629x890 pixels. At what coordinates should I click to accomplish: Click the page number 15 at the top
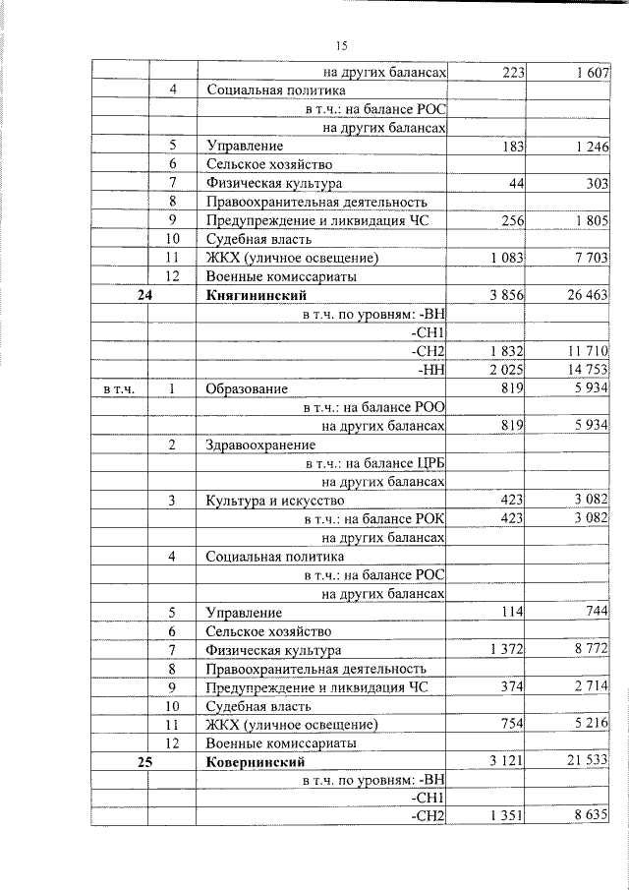(341, 44)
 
